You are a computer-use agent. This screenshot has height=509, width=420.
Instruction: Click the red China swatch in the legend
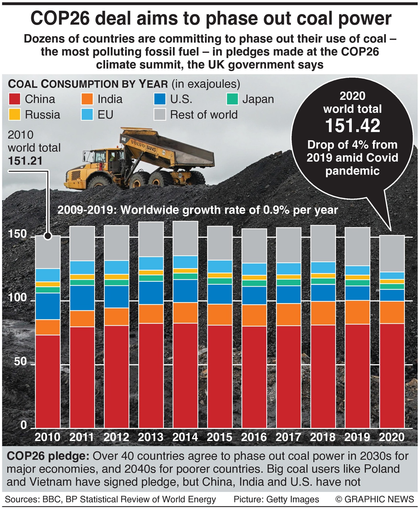pos(15,99)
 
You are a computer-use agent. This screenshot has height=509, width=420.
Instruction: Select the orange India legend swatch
pos(87,99)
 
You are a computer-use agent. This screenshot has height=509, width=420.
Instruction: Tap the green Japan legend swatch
pos(232,99)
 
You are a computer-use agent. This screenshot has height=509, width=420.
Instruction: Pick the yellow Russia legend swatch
pos(15,115)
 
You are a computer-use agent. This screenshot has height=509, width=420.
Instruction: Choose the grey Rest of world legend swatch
pos(160,115)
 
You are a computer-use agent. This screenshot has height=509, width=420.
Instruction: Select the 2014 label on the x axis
pos(185,437)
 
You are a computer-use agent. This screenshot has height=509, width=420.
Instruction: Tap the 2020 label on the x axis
pos(392,437)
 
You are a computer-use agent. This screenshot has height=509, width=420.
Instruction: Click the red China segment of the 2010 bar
pos(48,381)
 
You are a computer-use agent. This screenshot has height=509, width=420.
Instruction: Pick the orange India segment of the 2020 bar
pos(392,312)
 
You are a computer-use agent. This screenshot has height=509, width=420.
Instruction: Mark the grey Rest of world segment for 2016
pos(254,246)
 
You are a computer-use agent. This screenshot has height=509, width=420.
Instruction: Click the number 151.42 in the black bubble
pos(353,126)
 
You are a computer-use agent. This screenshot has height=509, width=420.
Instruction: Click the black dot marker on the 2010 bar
pos(48,236)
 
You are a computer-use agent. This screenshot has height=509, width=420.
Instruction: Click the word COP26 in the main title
pos(60,19)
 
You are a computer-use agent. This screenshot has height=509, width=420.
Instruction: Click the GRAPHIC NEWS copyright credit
pos(375,499)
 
